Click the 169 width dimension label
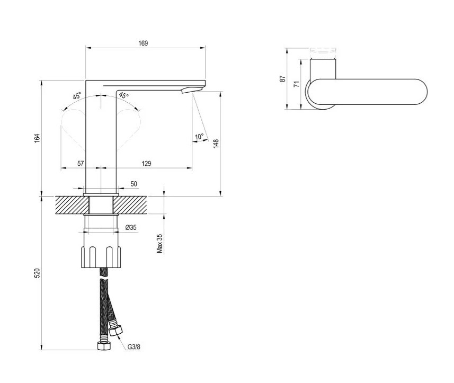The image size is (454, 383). (143, 43)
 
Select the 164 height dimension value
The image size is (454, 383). (37, 138)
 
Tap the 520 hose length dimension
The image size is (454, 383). (37, 273)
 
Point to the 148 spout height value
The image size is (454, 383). (216, 144)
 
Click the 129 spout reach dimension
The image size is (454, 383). (147, 164)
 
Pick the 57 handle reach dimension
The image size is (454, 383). (81, 164)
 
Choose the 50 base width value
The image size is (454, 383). (134, 184)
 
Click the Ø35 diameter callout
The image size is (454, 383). (131, 227)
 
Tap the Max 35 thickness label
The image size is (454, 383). (159, 244)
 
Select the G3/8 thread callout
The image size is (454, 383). (134, 346)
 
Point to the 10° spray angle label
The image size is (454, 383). (199, 137)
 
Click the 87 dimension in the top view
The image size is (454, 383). (282, 79)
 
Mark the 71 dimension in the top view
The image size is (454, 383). (296, 84)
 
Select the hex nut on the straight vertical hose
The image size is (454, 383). (104, 346)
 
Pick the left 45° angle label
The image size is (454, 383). (77, 95)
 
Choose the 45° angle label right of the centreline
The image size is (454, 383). (123, 95)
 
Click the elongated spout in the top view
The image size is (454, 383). (368, 92)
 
